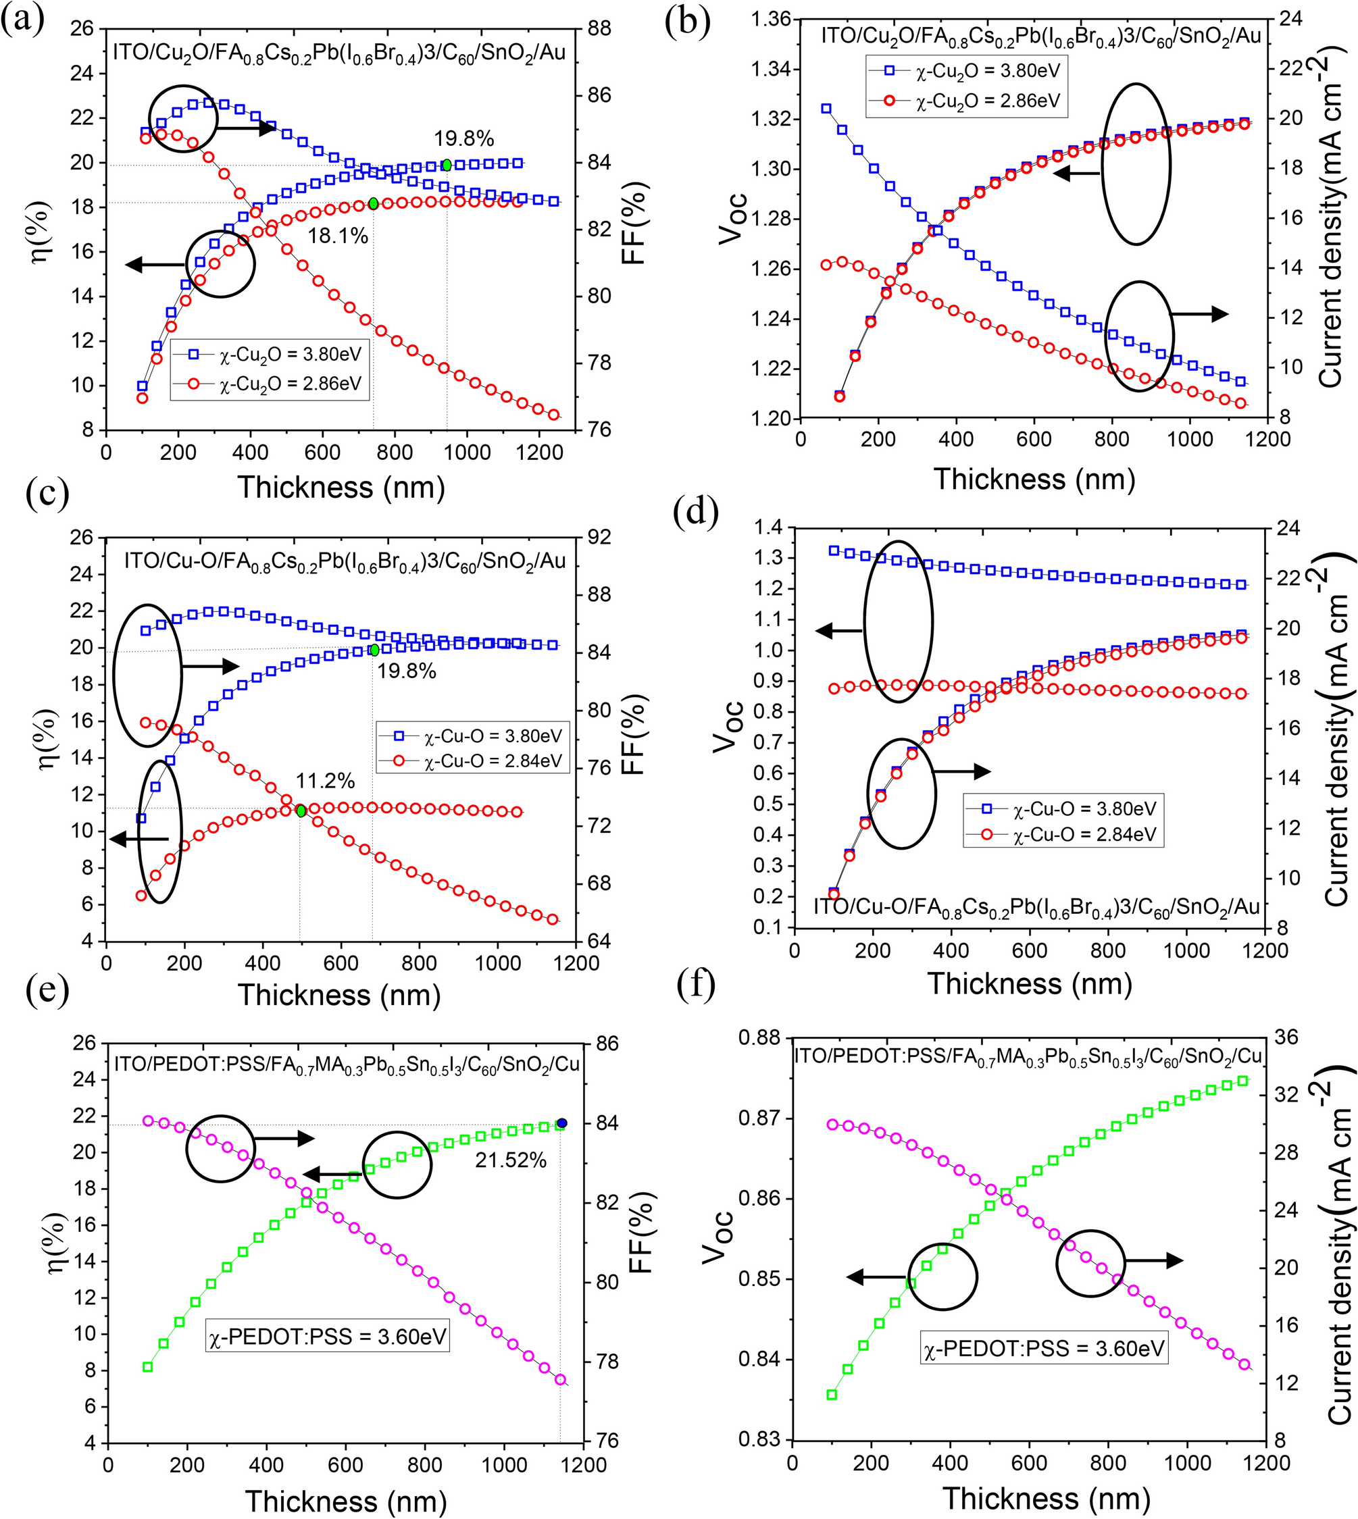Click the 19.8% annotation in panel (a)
[464, 138]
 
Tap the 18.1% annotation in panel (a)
[338, 236]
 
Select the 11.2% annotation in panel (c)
[326, 781]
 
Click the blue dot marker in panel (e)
[562, 1123]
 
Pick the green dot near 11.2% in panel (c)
[301, 811]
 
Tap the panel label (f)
[695, 987]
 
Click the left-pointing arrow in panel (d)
[838, 632]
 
